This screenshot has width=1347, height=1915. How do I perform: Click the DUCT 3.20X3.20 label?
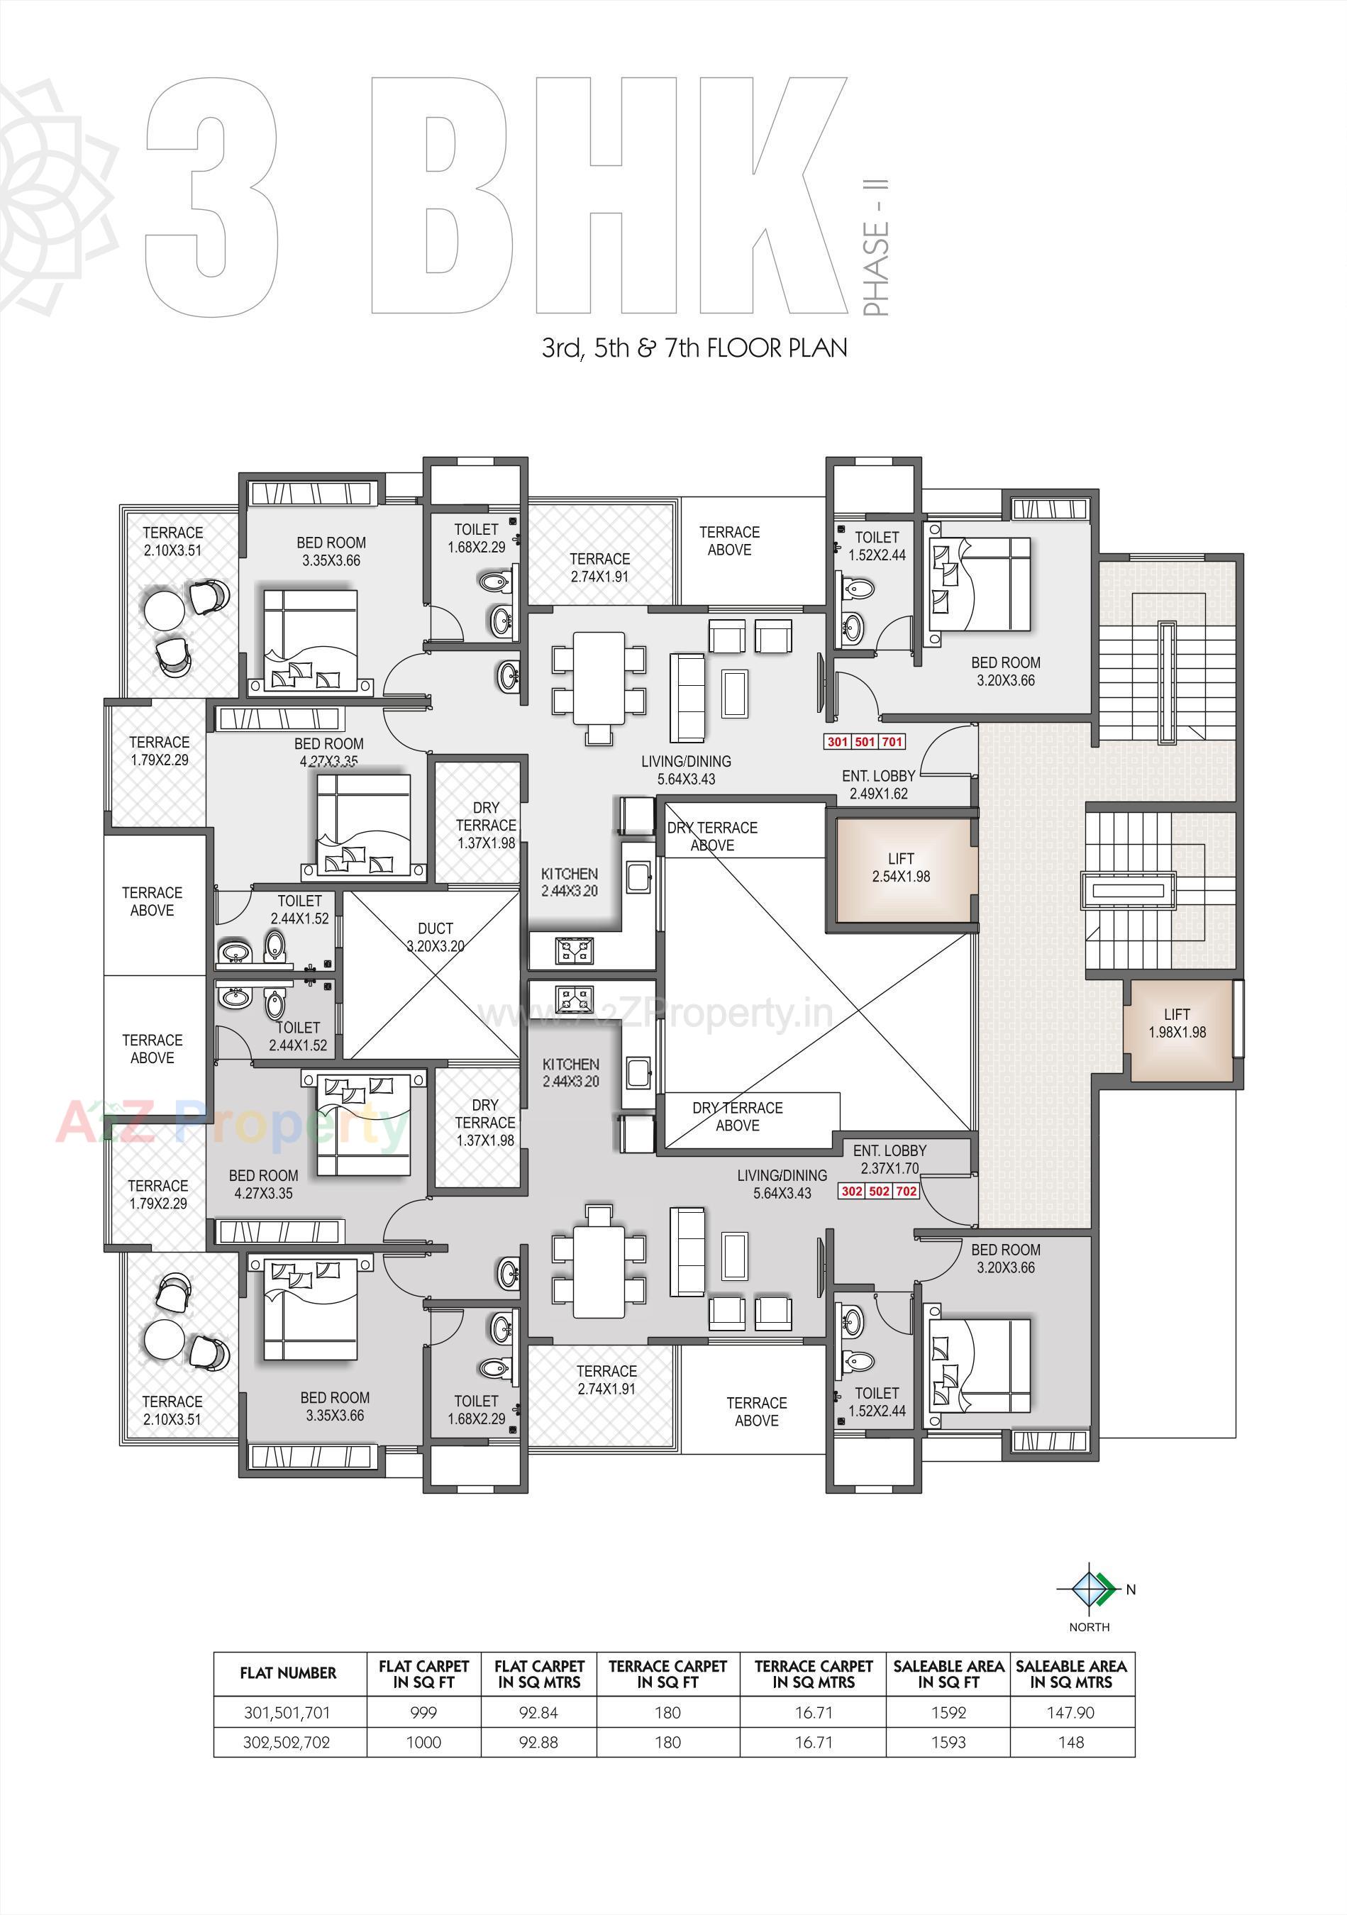click(x=436, y=937)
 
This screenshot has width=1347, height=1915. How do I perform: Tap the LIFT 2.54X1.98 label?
click(x=901, y=867)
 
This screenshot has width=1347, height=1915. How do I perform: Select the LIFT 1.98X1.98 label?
click(x=1177, y=1023)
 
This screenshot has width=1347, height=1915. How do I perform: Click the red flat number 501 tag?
click(x=864, y=741)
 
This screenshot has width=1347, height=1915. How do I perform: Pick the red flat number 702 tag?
click(x=906, y=1191)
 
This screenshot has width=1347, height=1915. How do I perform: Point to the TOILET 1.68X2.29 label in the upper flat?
click(x=476, y=538)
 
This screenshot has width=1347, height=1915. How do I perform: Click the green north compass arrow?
click(x=1105, y=1589)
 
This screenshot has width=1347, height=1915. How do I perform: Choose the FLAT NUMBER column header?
click(x=289, y=1673)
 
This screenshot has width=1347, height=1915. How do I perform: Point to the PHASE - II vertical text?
click(x=876, y=248)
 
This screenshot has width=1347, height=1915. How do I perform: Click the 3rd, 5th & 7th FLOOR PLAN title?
click(x=694, y=348)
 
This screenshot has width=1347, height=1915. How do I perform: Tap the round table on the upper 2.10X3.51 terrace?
click(x=165, y=610)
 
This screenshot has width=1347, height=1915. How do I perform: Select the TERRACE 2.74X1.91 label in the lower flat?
click(x=606, y=1380)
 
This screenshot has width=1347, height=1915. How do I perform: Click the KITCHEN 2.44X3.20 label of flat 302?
click(x=570, y=1072)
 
